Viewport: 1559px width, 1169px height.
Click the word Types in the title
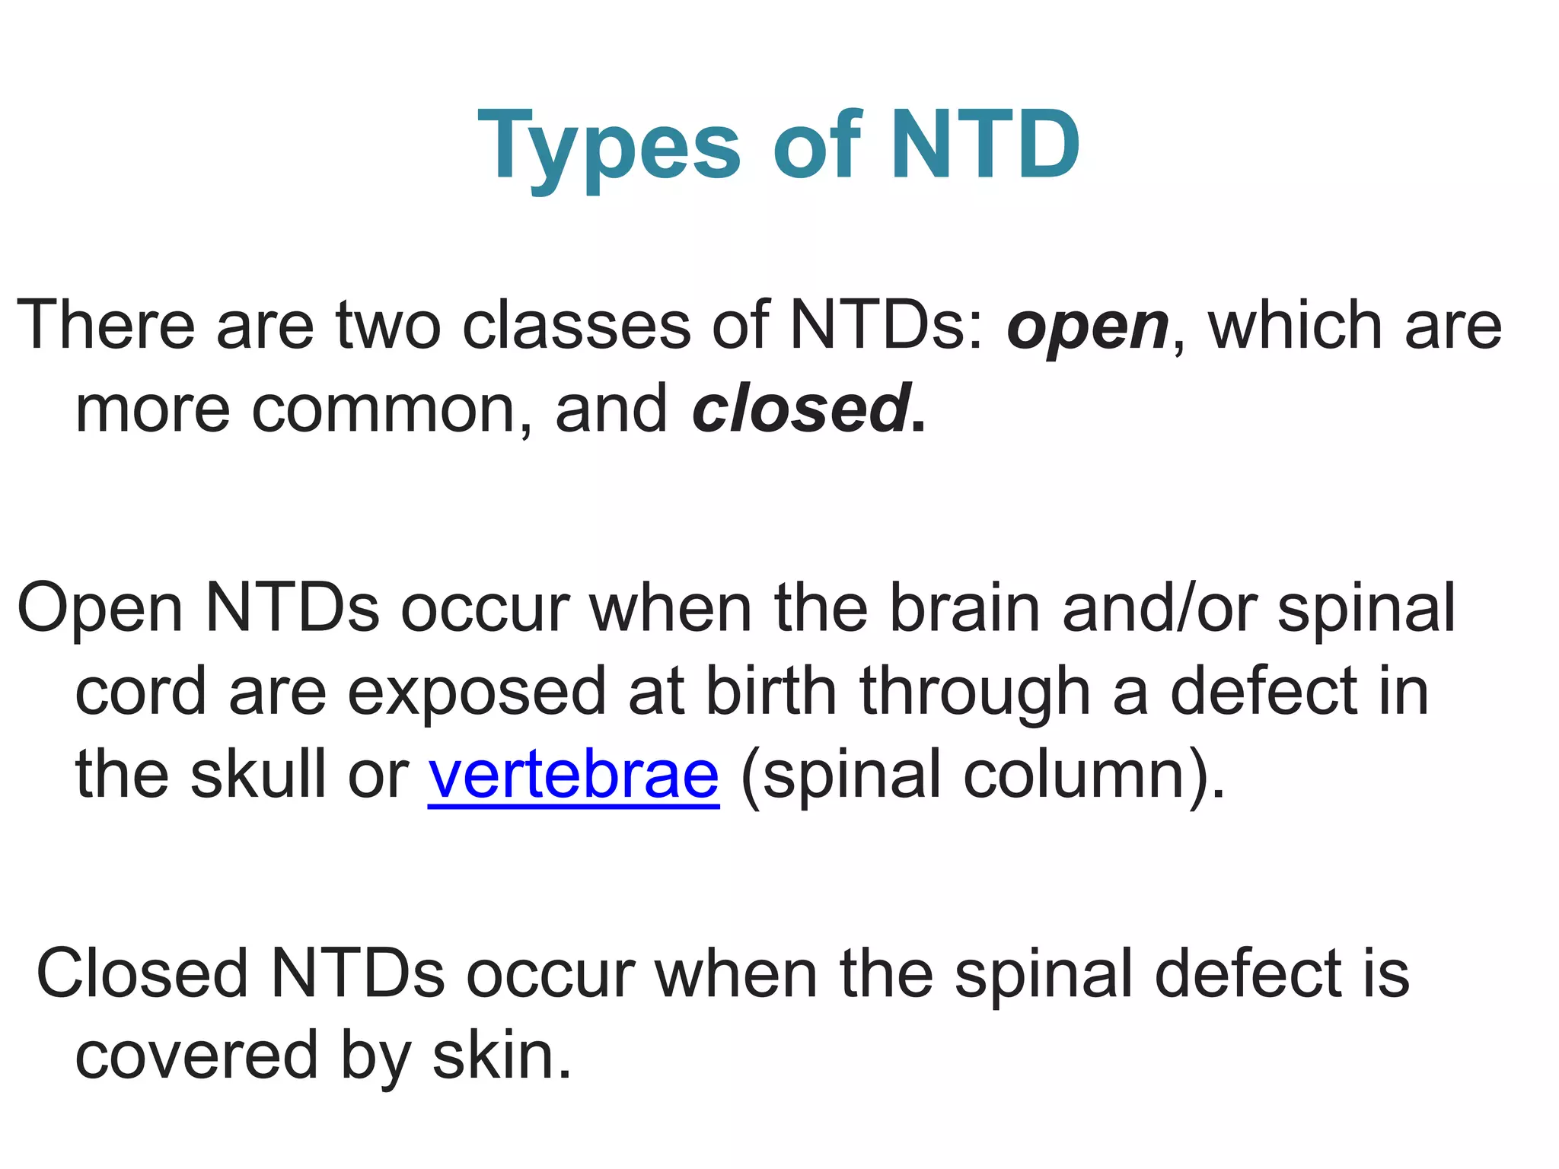[609, 146]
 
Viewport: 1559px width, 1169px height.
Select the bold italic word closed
[802, 409]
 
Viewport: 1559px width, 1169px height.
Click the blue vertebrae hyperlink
[573, 775]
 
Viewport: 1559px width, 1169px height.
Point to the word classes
[575, 326]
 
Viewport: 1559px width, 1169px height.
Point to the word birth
[771, 691]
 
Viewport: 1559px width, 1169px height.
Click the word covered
[196, 1056]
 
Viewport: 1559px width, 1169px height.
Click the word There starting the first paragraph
[106, 326]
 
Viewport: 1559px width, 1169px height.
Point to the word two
[389, 326]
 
